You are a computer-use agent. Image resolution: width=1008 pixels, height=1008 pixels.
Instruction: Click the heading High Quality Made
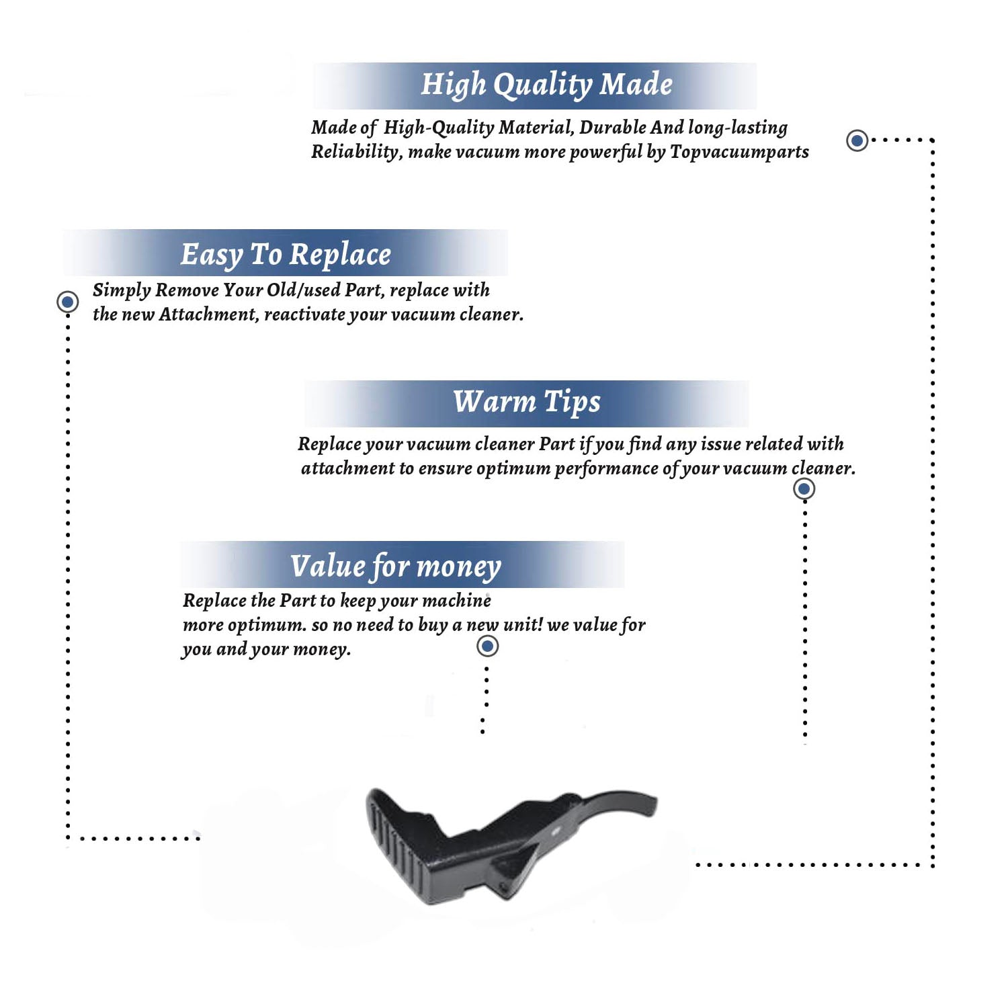click(546, 85)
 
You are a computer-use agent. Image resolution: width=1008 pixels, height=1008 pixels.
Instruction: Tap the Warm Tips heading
click(527, 402)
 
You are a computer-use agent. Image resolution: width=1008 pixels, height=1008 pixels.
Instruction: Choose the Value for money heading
click(396, 566)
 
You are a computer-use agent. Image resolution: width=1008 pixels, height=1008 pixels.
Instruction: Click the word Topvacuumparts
click(739, 153)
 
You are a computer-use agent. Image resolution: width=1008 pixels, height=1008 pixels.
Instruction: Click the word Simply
click(122, 291)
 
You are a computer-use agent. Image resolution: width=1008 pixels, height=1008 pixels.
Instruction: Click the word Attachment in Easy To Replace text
click(208, 314)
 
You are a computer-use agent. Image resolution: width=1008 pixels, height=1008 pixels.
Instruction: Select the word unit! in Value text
click(523, 625)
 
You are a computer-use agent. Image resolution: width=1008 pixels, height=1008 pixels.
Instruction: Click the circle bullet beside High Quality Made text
click(857, 140)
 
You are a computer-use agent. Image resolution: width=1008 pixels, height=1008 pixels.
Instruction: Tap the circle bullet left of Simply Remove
click(67, 302)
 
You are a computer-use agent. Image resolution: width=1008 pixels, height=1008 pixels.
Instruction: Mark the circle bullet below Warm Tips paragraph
click(804, 489)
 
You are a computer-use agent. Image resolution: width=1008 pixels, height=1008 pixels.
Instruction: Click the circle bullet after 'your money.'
click(487, 646)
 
